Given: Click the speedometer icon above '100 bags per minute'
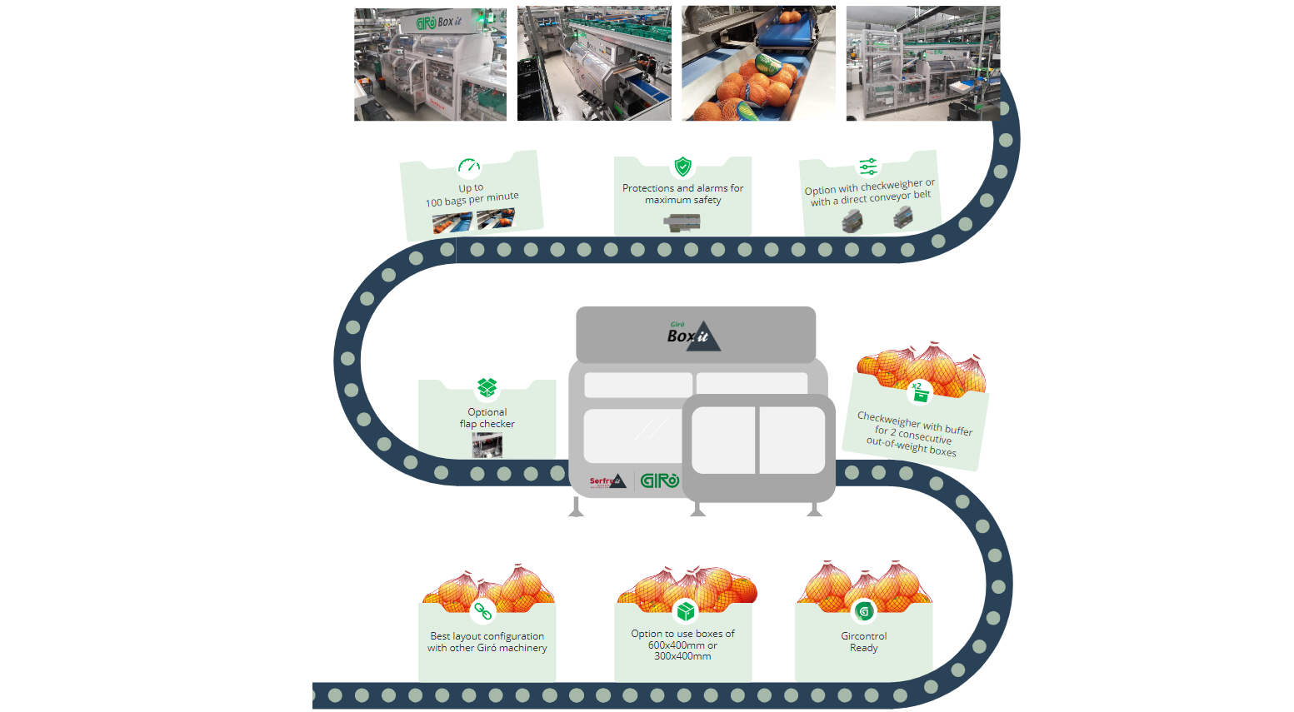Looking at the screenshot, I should pyautogui.click(x=469, y=166).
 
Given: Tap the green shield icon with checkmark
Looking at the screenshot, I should pyautogui.click(x=682, y=167).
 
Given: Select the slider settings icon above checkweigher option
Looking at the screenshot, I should pyautogui.click(x=868, y=166).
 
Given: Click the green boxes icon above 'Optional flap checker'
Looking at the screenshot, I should pyautogui.click(x=487, y=387).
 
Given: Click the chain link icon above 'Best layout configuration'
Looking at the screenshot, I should pyautogui.click(x=483, y=611).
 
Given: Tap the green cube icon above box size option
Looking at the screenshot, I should pyautogui.click(x=685, y=611).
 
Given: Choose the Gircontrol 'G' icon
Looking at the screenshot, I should pyautogui.click(x=864, y=611).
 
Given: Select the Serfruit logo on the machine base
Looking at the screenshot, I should pyautogui.click(x=607, y=481).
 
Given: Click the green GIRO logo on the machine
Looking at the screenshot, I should pyautogui.click(x=659, y=480).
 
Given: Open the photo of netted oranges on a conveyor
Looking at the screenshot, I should pyautogui.click(x=758, y=63).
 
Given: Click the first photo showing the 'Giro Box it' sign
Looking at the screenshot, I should pyautogui.click(x=430, y=64).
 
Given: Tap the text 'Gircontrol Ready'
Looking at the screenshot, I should pyautogui.click(x=864, y=642).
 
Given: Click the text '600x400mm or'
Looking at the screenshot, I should pyautogui.click(x=682, y=645).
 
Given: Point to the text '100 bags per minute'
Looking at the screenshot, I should pyautogui.click(x=472, y=200).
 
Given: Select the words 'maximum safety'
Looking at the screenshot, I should pyautogui.click(x=683, y=200).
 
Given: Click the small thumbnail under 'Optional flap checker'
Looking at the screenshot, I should pyautogui.click(x=487, y=445).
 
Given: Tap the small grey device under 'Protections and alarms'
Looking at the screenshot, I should pyautogui.click(x=682, y=222).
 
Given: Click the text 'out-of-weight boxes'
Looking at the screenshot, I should pyautogui.click(x=911, y=447).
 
